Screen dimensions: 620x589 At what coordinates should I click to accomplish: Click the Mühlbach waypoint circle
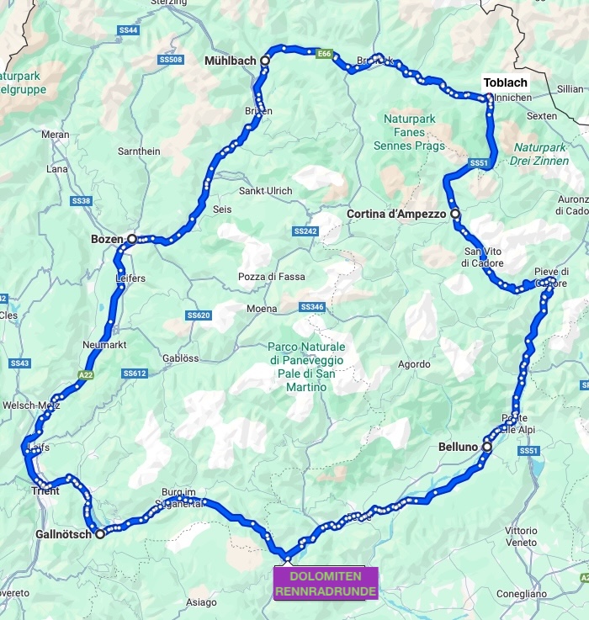pyautogui.click(x=264, y=61)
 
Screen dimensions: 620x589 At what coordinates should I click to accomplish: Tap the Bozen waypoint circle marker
pyautogui.click(x=131, y=239)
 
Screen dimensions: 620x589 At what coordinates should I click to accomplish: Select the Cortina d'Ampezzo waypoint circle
pyautogui.click(x=455, y=215)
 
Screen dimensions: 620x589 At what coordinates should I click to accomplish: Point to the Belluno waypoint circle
pyautogui.click(x=486, y=448)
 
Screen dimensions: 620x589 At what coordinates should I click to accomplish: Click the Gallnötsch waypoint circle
pyautogui.click(x=99, y=533)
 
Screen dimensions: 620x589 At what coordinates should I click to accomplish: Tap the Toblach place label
pyautogui.click(x=505, y=82)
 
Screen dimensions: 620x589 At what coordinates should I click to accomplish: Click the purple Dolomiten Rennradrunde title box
pyautogui.click(x=326, y=582)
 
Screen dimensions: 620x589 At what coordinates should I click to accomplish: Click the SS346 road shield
pyautogui.click(x=311, y=308)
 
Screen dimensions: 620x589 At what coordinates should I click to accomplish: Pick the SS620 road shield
pyautogui.click(x=199, y=315)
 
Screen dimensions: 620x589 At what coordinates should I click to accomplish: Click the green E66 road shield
pyautogui.click(x=324, y=55)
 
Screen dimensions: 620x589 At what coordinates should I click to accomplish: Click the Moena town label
pyautogui.click(x=262, y=309)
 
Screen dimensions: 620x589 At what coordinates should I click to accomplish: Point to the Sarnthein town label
pyautogui.click(x=139, y=151)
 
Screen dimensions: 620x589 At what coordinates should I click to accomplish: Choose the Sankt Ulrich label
pyautogui.click(x=266, y=191)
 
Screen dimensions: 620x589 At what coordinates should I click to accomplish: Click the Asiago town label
pyautogui.click(x=201, y=602)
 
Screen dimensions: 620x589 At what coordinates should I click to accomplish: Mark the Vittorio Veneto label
pyautogui.click(x=521, y=537)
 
